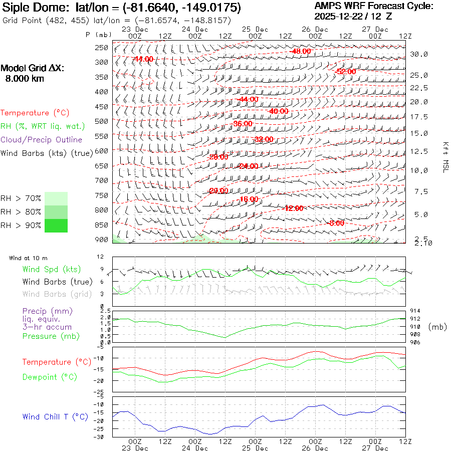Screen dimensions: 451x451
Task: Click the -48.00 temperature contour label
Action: tap(300, 51)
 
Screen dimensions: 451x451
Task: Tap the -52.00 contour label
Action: tap(345, 72)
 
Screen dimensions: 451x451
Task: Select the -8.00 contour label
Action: tap(336, 223)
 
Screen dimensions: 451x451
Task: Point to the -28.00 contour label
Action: tap(217, 157)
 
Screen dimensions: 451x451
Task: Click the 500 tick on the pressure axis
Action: tap(101, 121)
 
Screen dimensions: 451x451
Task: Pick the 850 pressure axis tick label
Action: tap(101, 225)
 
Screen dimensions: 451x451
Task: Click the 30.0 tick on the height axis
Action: tap(419, 54)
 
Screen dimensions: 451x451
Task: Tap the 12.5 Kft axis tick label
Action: tap(419, 151)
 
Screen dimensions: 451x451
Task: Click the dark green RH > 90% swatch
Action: tap(56, 225)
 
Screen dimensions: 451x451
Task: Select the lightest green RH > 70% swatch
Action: tap(56, 198)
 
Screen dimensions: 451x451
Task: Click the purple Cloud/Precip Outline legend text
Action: tap(41, 140)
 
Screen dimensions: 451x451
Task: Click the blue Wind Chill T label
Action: tap(55, 417)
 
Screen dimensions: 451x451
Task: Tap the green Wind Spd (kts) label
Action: tap(52, 270)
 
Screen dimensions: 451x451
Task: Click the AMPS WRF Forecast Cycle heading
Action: tap(373, 6)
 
